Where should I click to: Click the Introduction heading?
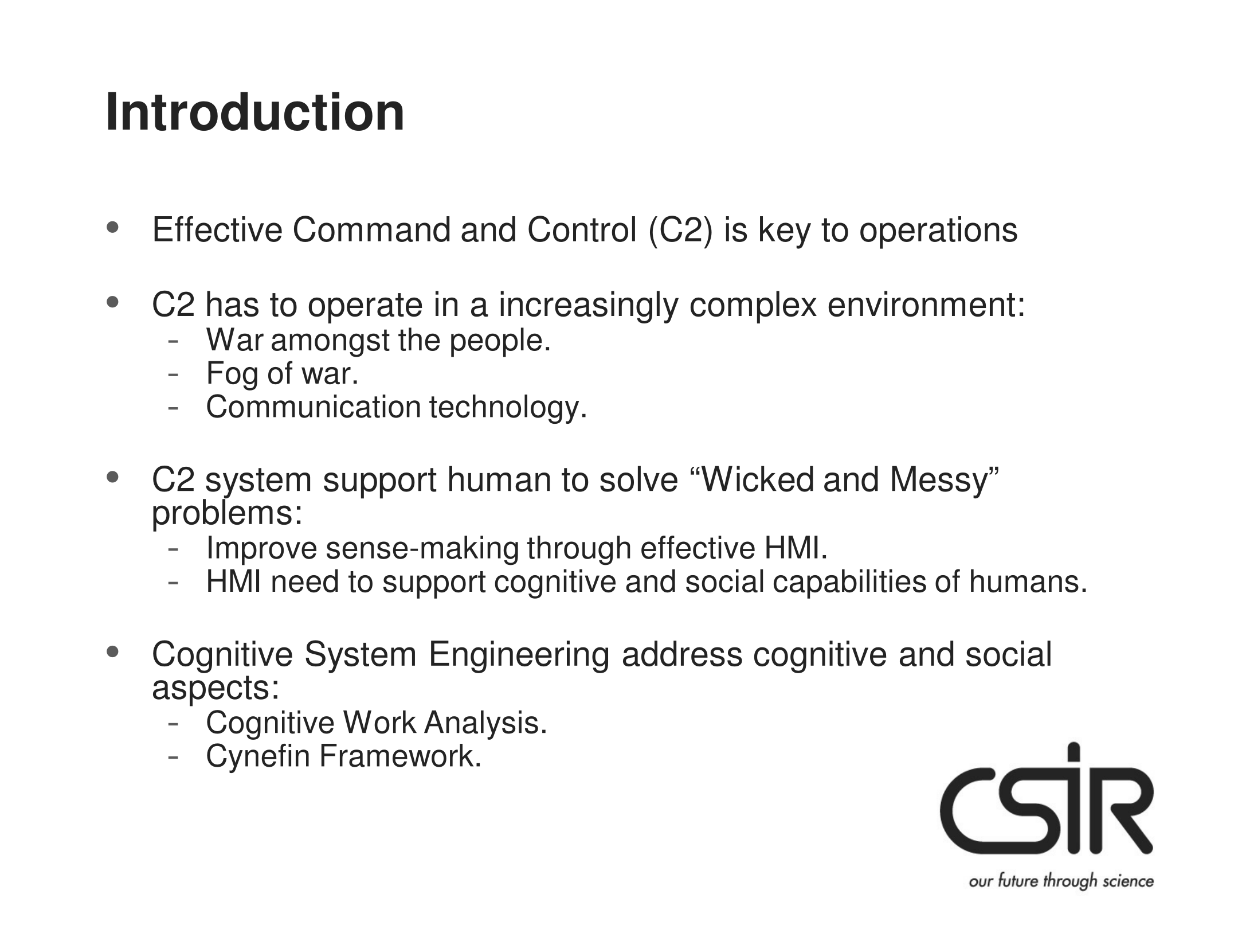click(x=255, y=112)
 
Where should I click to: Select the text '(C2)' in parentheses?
click(x=680, y=231)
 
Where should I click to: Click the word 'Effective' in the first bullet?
click(x=217, y=230)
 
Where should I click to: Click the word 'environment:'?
click(x=926, y=305)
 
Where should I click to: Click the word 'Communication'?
click(x=314, y=407)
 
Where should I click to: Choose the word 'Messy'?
click(x=944, y=481)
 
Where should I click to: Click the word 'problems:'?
click(x=227, y=514)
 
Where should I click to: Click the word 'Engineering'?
click(x=519, y=655)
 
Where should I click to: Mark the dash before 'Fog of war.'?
click(x=172, y=374)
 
